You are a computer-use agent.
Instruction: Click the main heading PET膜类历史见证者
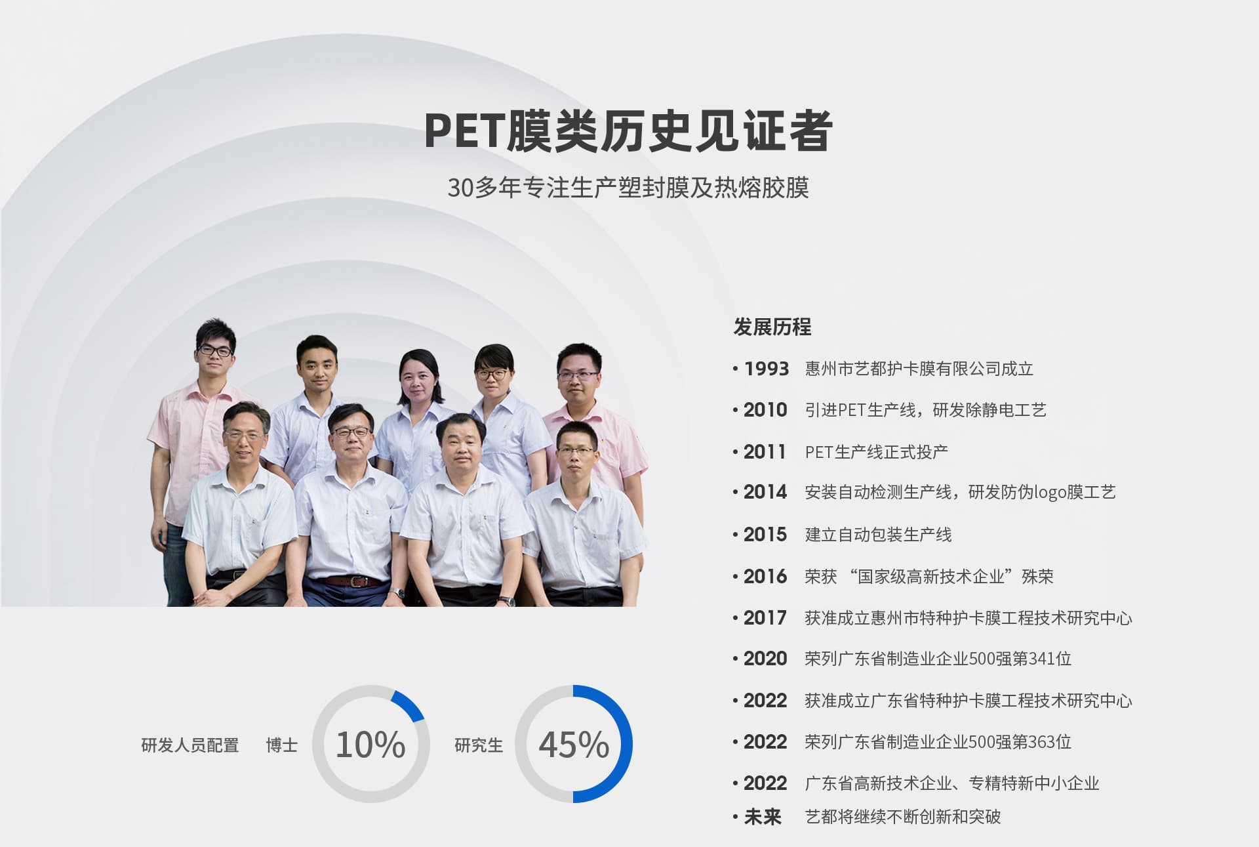(628, 131)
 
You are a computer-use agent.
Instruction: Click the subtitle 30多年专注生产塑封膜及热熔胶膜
(628, 188)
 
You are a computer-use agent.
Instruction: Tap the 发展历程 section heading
(772, 327)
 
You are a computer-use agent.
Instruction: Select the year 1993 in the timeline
(767, 369)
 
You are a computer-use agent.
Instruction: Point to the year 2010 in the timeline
(765, 410)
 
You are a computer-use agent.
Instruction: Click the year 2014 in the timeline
(765, 492)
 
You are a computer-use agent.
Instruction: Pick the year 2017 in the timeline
(765, 618)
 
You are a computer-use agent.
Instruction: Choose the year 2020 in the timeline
(765, 659)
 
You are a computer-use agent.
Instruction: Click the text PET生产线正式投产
(876, 452)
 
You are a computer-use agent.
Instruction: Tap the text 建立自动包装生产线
(878, 535)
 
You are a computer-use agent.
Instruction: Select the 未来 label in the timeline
(763, 817)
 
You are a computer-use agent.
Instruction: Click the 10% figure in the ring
(370, 745)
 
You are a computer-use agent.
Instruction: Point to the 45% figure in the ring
(574, 745)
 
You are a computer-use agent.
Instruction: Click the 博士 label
(282, 745)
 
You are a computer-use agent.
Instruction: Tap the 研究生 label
(479, 745)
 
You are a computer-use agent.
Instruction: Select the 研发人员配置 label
(190, 745)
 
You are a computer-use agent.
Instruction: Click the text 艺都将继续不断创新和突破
(903, 817)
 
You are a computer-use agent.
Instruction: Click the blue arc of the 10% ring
(410, 704)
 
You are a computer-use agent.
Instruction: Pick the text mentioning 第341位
(938, 659)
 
